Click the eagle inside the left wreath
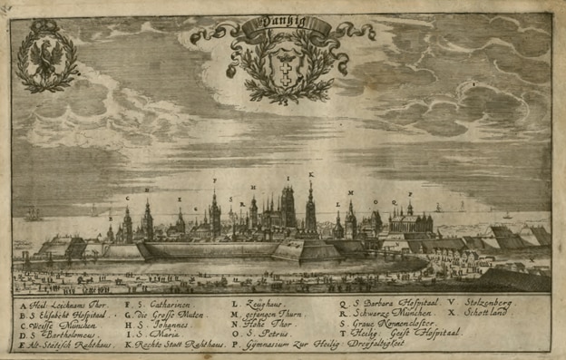[47, 58]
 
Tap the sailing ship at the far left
[34, 214]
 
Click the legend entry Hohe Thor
[266, 324]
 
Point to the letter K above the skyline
[311, 173]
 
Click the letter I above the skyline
[288, 178]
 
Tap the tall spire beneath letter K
[310, 209]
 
